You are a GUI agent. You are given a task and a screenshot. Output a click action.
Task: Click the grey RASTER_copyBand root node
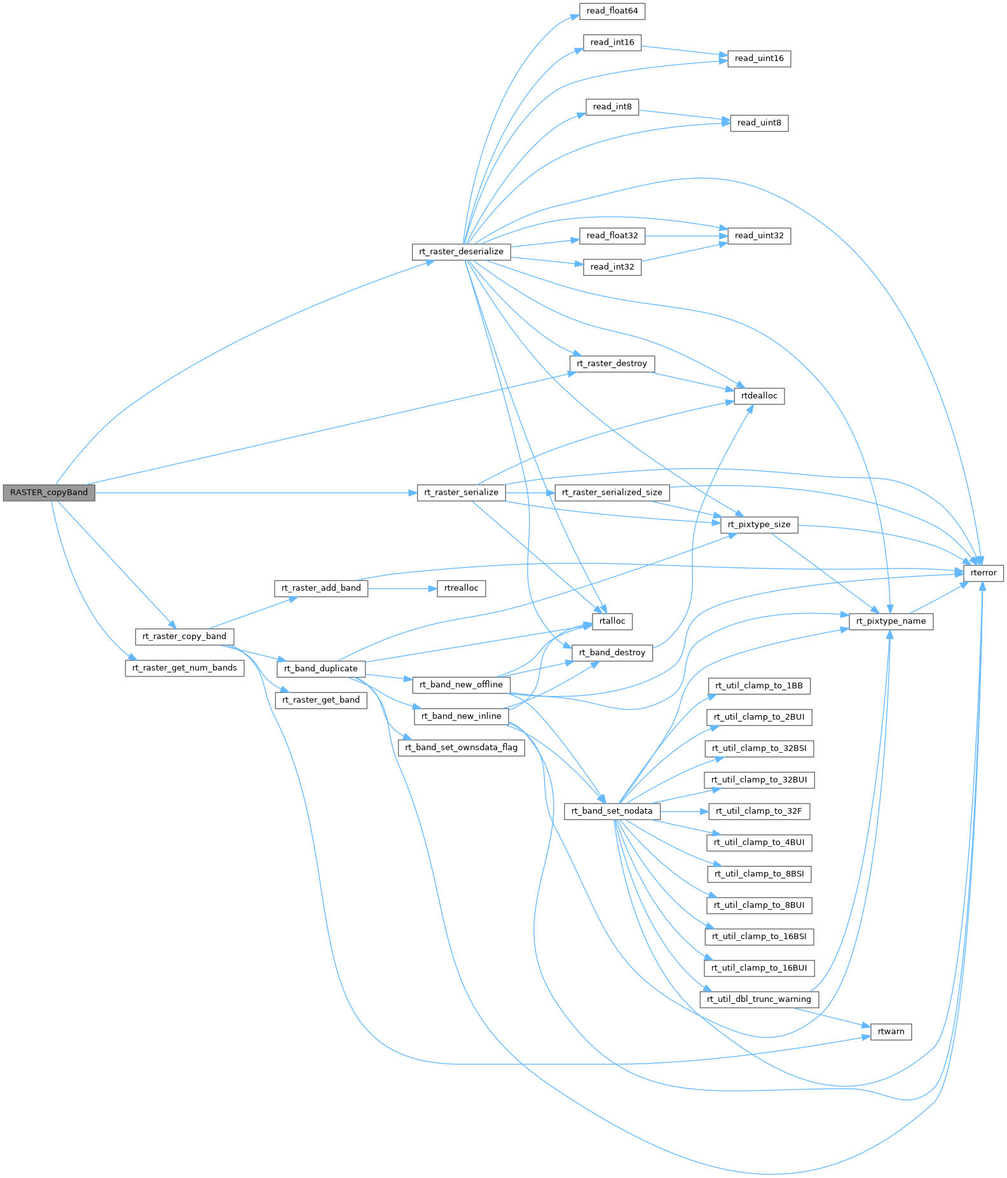(48, 493)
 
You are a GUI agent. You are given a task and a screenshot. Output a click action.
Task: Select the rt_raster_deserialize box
(461, 252)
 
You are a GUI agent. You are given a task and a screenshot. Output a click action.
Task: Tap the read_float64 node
(612, 11)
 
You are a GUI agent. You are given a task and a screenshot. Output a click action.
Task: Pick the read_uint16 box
(759, 58)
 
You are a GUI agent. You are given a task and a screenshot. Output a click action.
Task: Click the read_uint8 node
(759, 123)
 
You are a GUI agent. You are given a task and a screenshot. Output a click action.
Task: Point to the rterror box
(983, 573)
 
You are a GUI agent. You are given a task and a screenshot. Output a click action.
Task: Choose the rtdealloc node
(759, 396)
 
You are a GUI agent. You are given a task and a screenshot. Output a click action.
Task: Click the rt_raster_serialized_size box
(612, 493)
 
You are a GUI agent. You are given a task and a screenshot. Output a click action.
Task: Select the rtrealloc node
(462, 588)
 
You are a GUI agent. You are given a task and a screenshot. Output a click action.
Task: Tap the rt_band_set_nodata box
(612, 811)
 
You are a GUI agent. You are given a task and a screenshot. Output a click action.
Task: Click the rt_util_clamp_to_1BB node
(759, 686)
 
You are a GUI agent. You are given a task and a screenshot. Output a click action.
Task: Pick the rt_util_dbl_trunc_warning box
(759, 999)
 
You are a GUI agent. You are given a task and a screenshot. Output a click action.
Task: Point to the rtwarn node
(891, 1032)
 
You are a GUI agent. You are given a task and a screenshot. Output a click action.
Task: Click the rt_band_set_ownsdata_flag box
(462, 748)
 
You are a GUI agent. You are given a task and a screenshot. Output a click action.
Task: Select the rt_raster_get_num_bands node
(184, 668)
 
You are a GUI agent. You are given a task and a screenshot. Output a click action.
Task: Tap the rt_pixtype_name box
(891, 621)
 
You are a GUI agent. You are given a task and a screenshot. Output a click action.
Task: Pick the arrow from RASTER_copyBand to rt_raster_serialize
(254, 493)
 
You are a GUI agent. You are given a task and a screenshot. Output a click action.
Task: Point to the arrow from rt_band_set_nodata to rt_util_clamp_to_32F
(684, 811)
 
